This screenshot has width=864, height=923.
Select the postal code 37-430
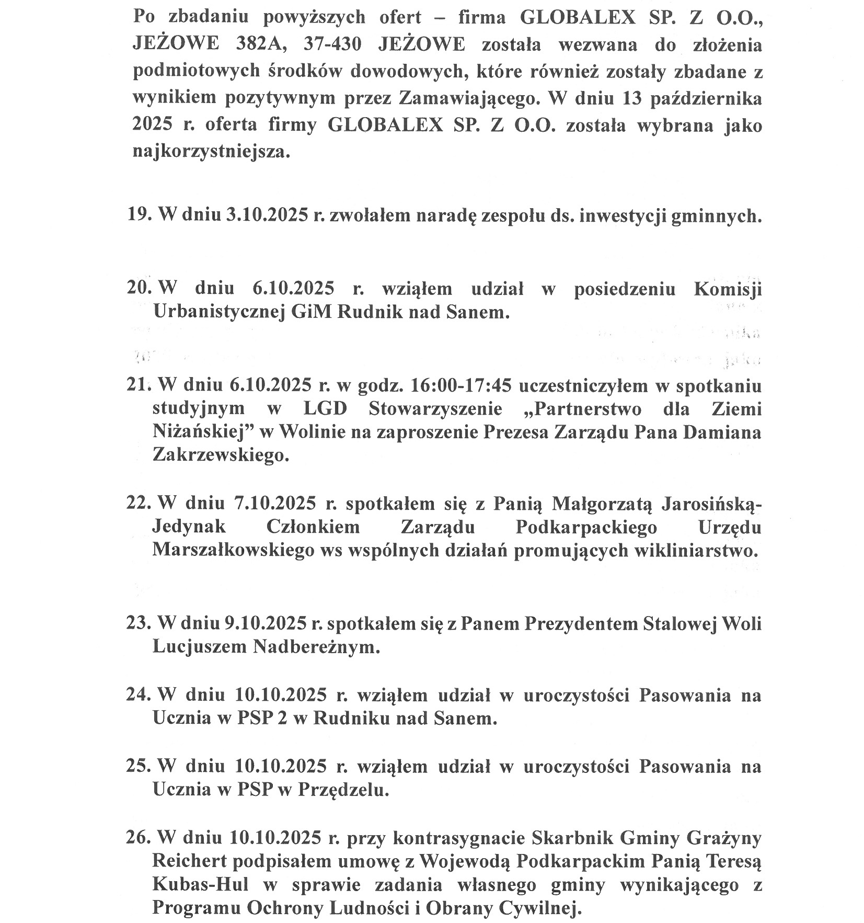coord(332,44)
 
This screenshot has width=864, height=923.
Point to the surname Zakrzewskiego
coord(220,455)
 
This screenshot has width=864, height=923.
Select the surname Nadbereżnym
coord(316,647)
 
